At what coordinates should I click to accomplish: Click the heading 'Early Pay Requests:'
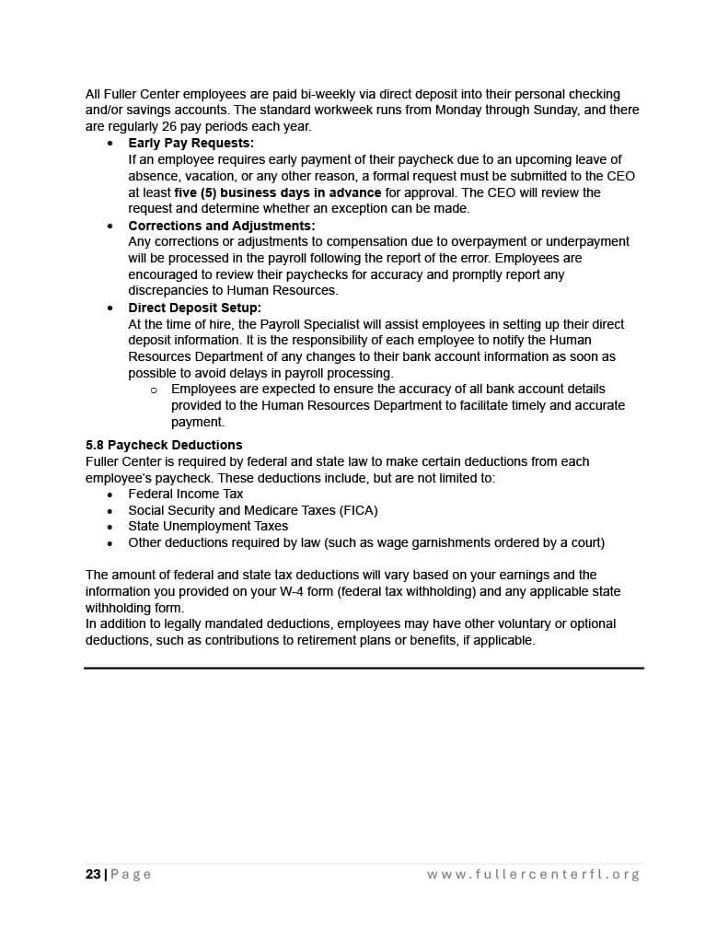point(191,144)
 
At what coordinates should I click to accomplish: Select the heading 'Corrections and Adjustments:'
point(221,226)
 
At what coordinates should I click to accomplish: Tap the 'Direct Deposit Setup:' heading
point(194,308)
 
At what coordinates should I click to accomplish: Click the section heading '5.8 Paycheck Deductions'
point(164,445)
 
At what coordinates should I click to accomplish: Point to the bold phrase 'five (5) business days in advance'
point(277,192)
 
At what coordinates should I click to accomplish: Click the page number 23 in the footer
point(93,874)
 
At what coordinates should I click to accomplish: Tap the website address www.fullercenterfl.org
point(533,874)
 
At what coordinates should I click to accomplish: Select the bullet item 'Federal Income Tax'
point(185,494)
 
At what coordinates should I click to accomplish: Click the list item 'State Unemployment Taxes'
point(208,527)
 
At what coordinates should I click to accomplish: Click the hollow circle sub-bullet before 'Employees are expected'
point(154,390)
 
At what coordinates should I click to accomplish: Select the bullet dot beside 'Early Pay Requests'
point(110,144)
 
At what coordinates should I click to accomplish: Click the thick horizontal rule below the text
point(364,668)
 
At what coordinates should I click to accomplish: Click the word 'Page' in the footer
point(132,874)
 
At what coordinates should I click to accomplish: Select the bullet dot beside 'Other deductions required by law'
point(110,543)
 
